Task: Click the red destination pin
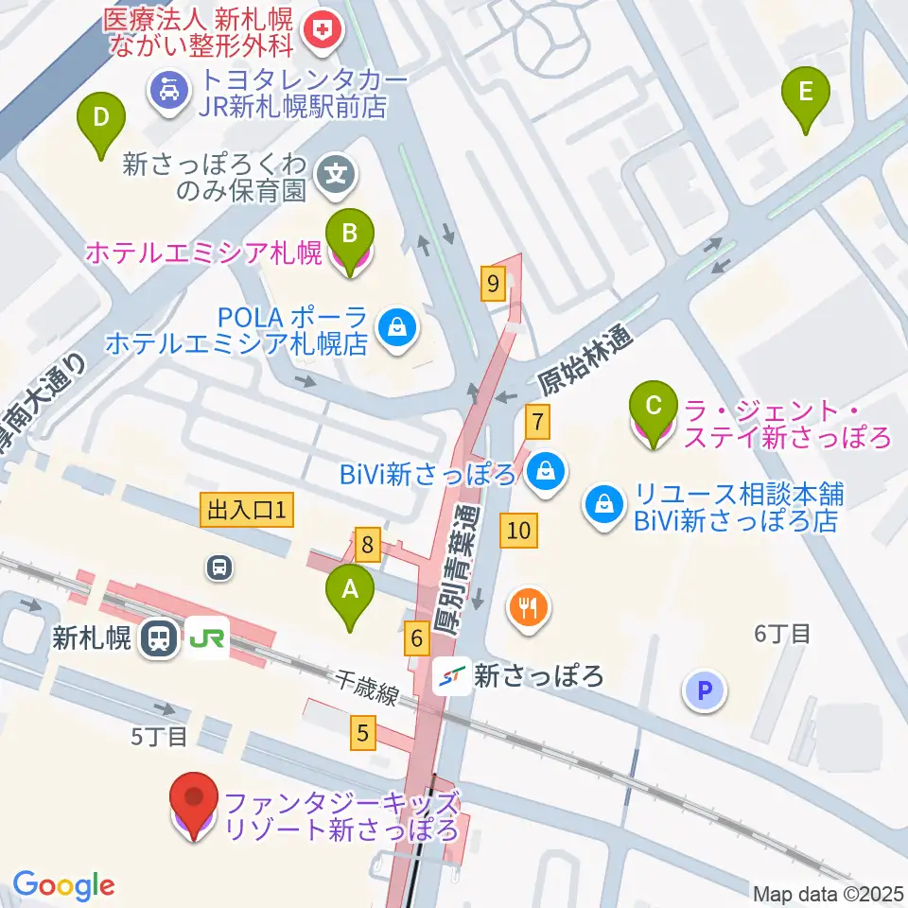pyautogui.click(x=195, y=806)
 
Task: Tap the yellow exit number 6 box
pyautogui.click(x=415, y=640)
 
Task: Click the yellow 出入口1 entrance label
pyautogui.click(x=248, y=512)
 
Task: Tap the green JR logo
pyautogui.click(x=207, y=639)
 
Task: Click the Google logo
pyautogui.click(x=64, y=885)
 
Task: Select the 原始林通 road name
pyautogui.click(x=584, y=360)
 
